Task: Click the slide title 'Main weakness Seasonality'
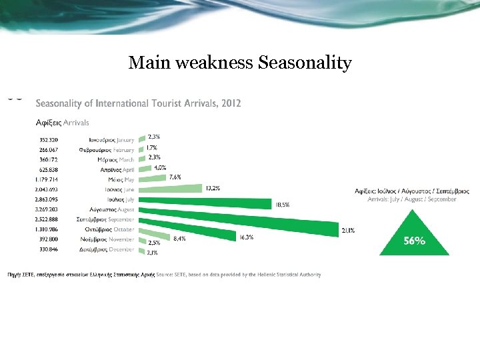239,63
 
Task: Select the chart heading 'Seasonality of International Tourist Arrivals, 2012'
138,103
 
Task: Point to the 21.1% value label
348,230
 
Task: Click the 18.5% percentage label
282,205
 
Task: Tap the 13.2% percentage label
213,189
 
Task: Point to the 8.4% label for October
179,238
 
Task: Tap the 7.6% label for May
175,177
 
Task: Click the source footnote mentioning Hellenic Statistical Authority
164,275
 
